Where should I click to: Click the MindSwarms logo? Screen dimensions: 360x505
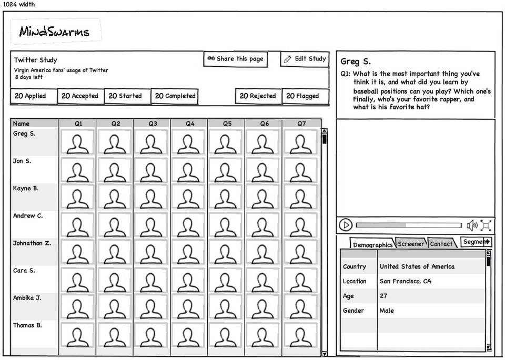click(x=55, y=32)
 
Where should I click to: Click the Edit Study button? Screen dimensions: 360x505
click(x=305, y=59)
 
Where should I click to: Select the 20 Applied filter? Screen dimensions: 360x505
click(x=33, y=96)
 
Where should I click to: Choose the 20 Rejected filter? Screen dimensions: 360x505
click(x=258, y=96)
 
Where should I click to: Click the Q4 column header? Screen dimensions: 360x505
click(x=189, y=124)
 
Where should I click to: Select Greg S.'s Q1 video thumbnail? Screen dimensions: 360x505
click(x=78, y=142)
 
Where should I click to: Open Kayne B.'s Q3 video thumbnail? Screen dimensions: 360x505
click(x=152, y=197)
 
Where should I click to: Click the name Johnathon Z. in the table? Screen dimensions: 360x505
click(x=32, y=243)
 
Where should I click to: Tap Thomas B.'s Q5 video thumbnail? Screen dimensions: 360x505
click(x=227, y=334)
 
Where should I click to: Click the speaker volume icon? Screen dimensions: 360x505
click(x=472, y=225)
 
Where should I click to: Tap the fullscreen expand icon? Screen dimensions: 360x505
click(x=486, y=225)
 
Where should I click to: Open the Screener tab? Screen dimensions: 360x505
click(x=411, y=244)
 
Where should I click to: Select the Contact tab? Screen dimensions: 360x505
click(x=441, y=244)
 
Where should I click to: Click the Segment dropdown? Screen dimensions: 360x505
click(x=476, y=242)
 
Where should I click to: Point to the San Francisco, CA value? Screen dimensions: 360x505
click(x=405, y=281)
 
